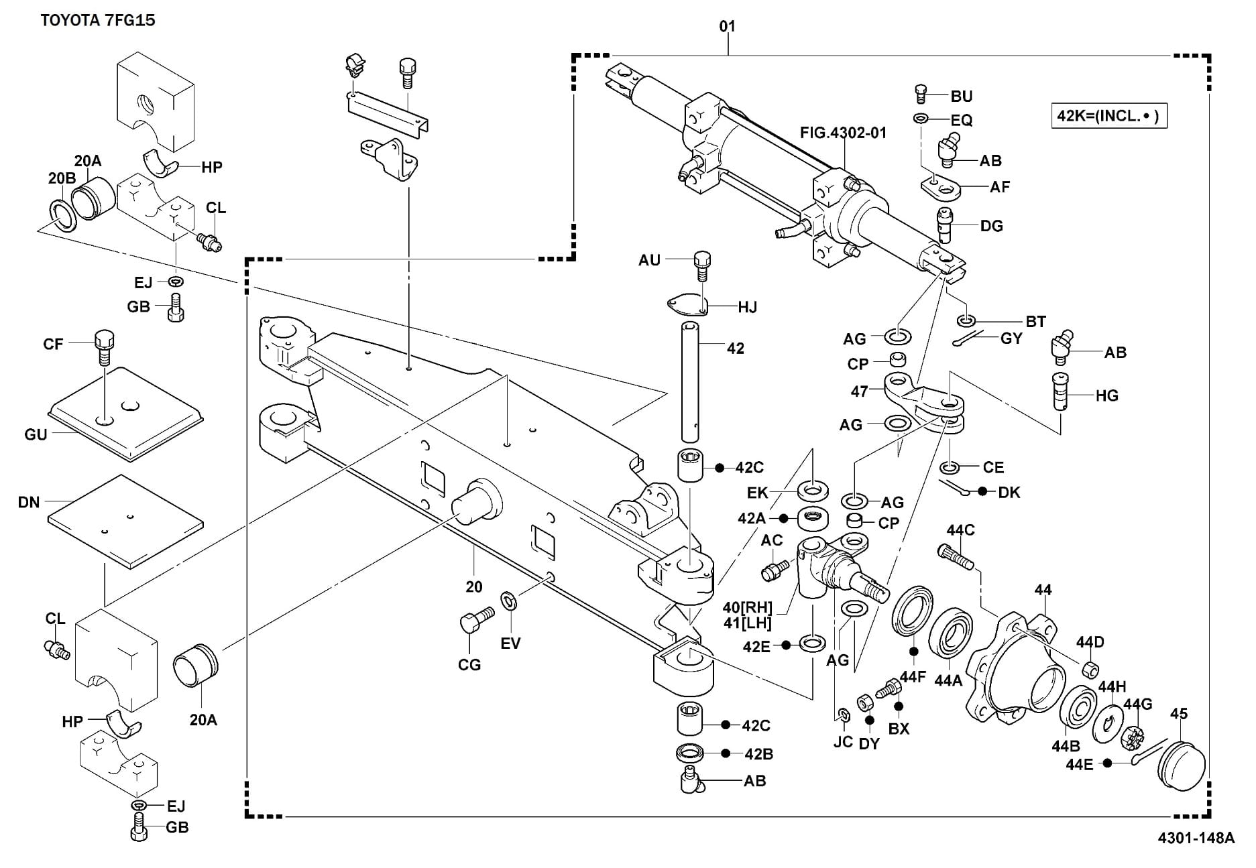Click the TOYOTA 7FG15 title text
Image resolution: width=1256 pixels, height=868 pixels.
click(98, 20)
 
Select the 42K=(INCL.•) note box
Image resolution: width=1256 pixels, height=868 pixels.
click(1108, 115)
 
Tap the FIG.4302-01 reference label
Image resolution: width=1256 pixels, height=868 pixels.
click(843, 133)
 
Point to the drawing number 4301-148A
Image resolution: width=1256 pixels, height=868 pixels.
click(1194, 838)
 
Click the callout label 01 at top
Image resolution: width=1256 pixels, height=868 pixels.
click(727, 26)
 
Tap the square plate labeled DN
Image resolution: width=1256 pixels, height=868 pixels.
click(125, 521)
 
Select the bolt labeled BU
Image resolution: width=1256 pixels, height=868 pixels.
click(921, 94)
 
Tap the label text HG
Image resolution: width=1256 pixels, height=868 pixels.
click(1107, 395)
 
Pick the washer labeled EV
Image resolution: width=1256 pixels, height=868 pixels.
click(509, 601)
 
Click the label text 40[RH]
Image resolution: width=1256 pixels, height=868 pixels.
click(748, 608)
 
